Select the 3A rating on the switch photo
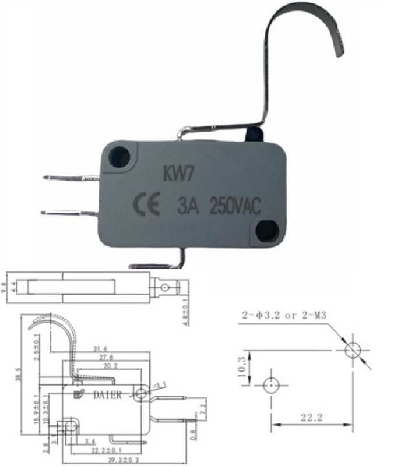(x=188, y=206)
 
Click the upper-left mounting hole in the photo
(x=120, y=157)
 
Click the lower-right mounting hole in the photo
(x=266, y=230)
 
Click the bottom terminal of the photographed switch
(x=157, y=266)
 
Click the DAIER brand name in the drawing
(x=108, y=396)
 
